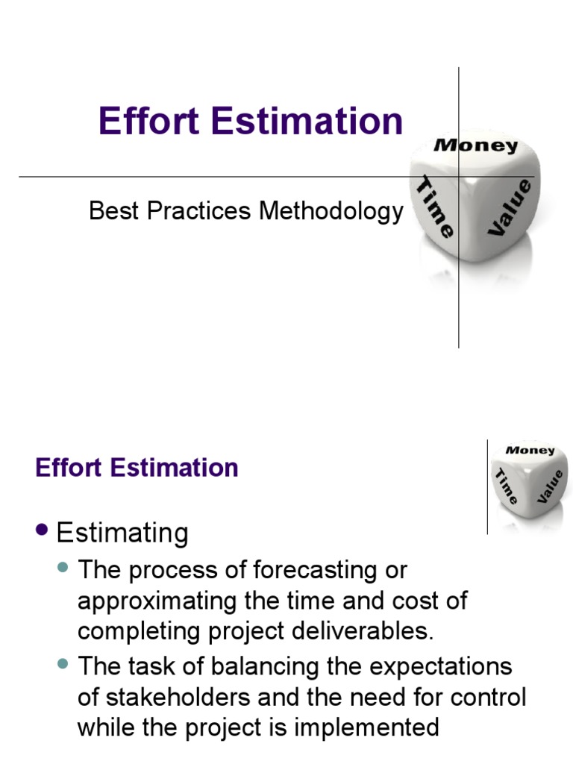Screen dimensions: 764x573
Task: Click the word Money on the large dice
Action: click(475, 145)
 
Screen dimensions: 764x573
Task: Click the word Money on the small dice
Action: click(530, 450)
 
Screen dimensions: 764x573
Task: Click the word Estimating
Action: click(122, 533)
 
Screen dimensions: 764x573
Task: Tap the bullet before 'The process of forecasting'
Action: click(63, 568)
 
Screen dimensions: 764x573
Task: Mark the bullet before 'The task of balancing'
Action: click(63, 662)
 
